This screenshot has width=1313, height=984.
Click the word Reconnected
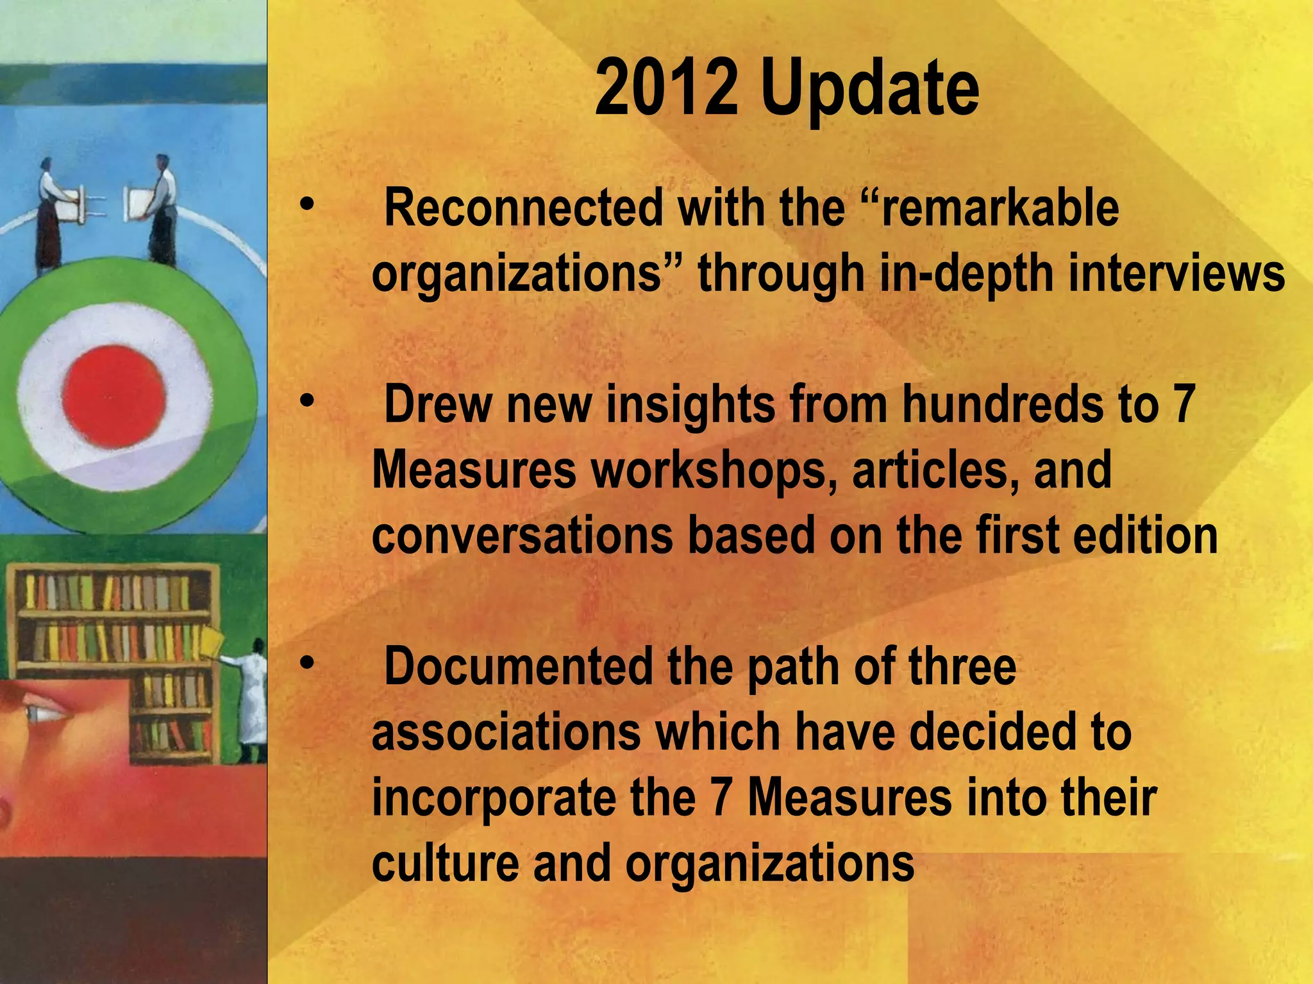pos(523,208)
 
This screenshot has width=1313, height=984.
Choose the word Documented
pos(517,667)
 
